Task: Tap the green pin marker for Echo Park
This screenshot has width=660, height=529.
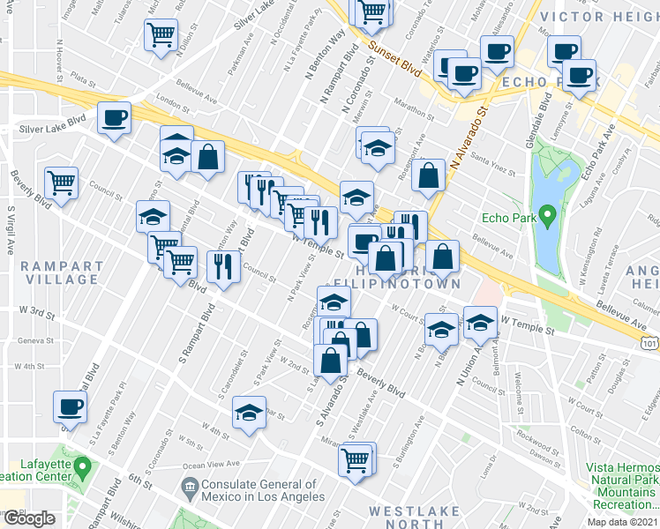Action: tap(547, 214)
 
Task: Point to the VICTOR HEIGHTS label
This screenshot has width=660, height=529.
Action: tap(598, 17)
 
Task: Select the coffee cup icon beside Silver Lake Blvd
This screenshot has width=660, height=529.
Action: tap(114, 117)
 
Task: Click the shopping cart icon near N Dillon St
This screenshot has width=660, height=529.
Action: tap(161, 34)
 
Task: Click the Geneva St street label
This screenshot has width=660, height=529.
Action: tap(28, 339)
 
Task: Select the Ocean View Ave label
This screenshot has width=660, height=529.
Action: tap(212, 464)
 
